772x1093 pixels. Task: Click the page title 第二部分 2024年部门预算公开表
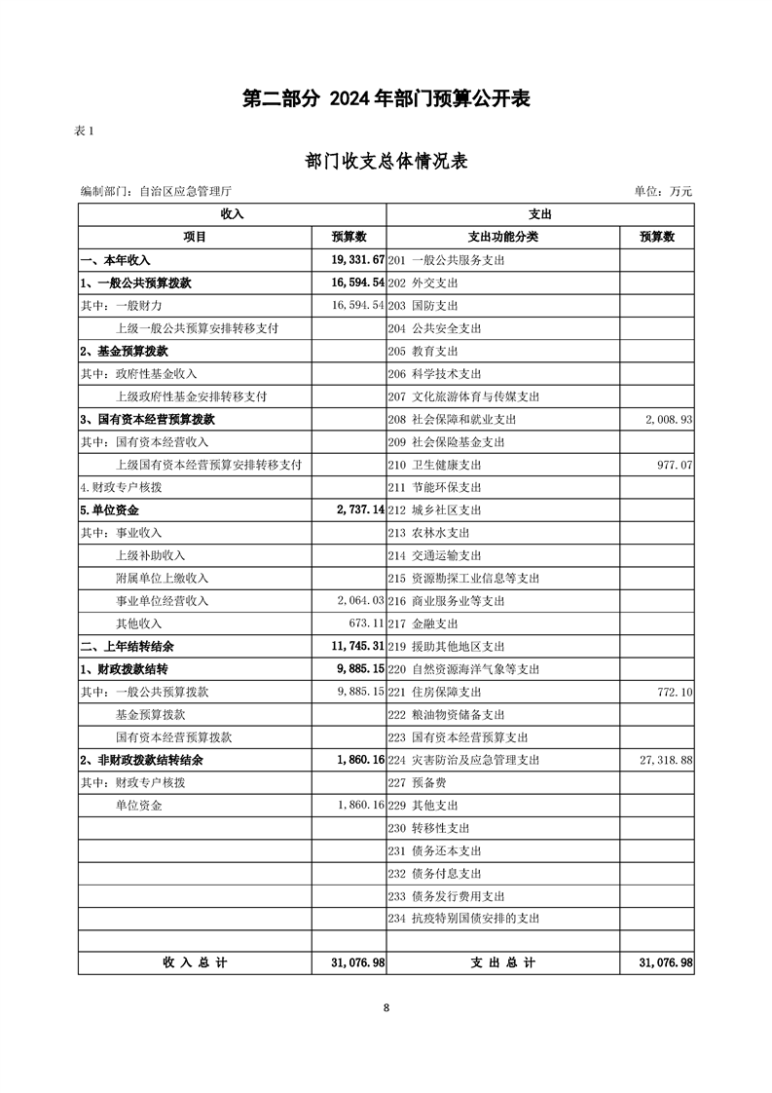[386, 98]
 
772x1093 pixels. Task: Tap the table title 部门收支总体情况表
[386, 161]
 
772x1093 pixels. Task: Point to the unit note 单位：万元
[663, 192]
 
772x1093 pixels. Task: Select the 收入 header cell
[232, 214]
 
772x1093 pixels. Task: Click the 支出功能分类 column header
[502, 237]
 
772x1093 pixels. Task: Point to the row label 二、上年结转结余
[128, 647]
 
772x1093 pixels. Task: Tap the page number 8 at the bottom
[386, 1008]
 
